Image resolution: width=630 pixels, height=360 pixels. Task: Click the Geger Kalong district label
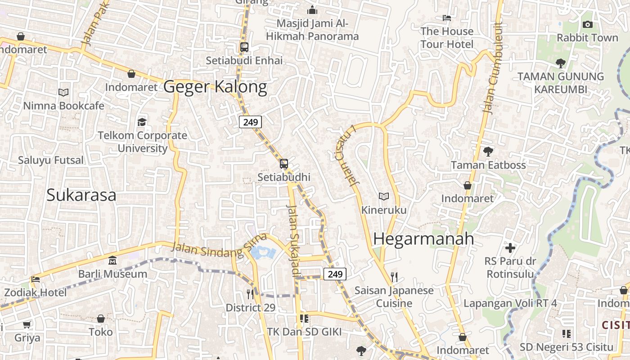click(x=215, y=86)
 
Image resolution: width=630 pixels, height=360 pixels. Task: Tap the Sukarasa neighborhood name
click(x=81, y=195)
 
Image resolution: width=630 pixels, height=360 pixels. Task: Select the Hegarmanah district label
click(x=423, y=239)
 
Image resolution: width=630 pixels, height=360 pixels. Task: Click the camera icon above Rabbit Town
click(x=587, y=25)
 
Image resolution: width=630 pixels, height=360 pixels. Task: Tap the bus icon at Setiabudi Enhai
click(x=244, y=47)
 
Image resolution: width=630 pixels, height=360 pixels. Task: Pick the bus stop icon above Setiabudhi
click(x=284, y=164)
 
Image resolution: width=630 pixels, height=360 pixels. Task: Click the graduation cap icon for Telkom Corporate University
click(x=142, y=122)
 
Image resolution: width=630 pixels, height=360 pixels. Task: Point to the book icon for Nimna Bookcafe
click(x=63, y=93)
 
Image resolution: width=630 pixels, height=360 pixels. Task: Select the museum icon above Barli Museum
click(x=112, y=261)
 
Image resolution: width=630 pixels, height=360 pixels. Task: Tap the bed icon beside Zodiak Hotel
click(x=36, y=279)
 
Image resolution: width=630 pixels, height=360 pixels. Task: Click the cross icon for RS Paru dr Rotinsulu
click(x=510, y=248)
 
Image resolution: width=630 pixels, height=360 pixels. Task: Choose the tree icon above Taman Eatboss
click(x=488, y=152)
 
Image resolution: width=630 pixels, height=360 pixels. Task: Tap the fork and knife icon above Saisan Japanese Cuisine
click(x=394, y=277)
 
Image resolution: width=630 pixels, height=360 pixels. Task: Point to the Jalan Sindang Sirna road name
click(x=219, y=247)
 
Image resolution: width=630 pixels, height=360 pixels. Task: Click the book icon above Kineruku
click(x=383, y=197)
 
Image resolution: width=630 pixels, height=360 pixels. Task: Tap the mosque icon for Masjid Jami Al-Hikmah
click(x=312, y=10)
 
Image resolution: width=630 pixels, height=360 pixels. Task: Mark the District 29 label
click(x=251, y=308)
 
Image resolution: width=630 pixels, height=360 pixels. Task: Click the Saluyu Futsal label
click(x=51, y=160)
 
